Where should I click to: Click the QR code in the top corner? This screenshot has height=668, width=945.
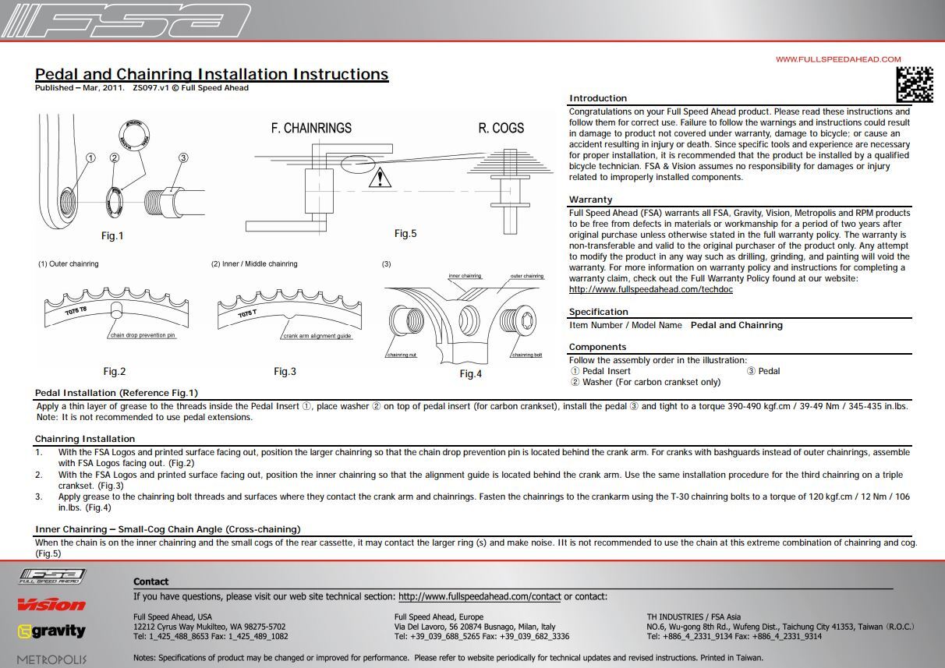tap(914, 84)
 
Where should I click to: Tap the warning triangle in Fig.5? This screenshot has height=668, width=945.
tap(380, 177)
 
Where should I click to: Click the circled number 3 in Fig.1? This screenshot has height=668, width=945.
tap(183, 158)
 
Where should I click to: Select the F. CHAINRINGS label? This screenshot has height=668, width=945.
tap(311, 128)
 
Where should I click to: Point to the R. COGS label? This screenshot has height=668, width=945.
tap(501, 128)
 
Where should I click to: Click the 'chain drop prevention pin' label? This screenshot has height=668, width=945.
tap(143, 335)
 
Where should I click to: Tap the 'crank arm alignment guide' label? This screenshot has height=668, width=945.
tap(317, 335)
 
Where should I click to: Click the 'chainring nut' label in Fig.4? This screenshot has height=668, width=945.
tap(402, 355)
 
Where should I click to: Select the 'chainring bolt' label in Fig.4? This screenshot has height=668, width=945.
tap(527, 355)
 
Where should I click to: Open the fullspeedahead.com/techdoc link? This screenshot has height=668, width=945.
tap(651, 289)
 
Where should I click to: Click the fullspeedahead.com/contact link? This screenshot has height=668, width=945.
tap(480, 597)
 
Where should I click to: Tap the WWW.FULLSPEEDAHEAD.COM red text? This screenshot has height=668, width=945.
tap(838, 59)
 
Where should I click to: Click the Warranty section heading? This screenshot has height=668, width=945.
tap(590, 200)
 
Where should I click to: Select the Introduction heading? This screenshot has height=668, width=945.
tap(598, 98)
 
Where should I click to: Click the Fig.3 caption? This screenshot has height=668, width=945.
tap(285, 372)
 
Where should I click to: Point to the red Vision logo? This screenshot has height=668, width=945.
tap(51, 604)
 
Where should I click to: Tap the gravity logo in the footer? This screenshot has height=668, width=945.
tap(51, 631)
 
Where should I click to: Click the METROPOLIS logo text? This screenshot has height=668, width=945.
tap(51, 659)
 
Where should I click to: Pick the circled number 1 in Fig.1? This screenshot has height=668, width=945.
tap(90, 158)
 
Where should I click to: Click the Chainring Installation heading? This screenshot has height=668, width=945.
tap(85, 439)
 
